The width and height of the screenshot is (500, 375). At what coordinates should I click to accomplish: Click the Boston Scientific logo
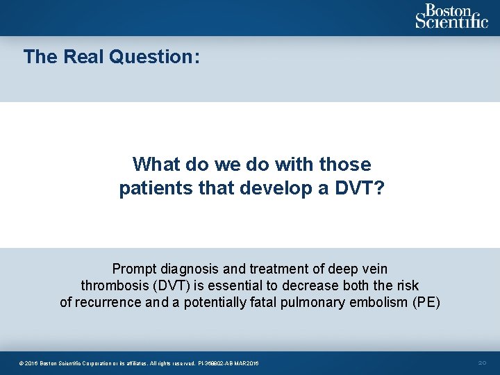pyautogui.click(x=451, y=16)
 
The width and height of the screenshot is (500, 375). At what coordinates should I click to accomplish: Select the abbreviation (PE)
pyautogui.click(x=426, y=303)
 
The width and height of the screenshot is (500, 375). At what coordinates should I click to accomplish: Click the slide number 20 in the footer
pyautogui.click(x=483, y=363)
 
